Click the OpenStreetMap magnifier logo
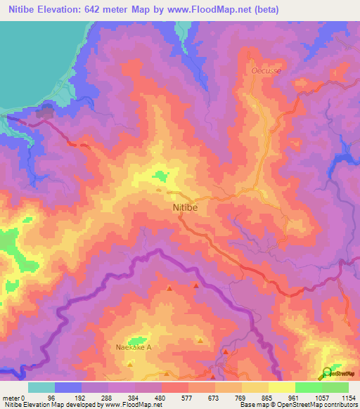(x=328, y=373)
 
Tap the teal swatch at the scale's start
(x=41, y=387)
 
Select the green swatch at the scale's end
(x=335, y=387)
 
